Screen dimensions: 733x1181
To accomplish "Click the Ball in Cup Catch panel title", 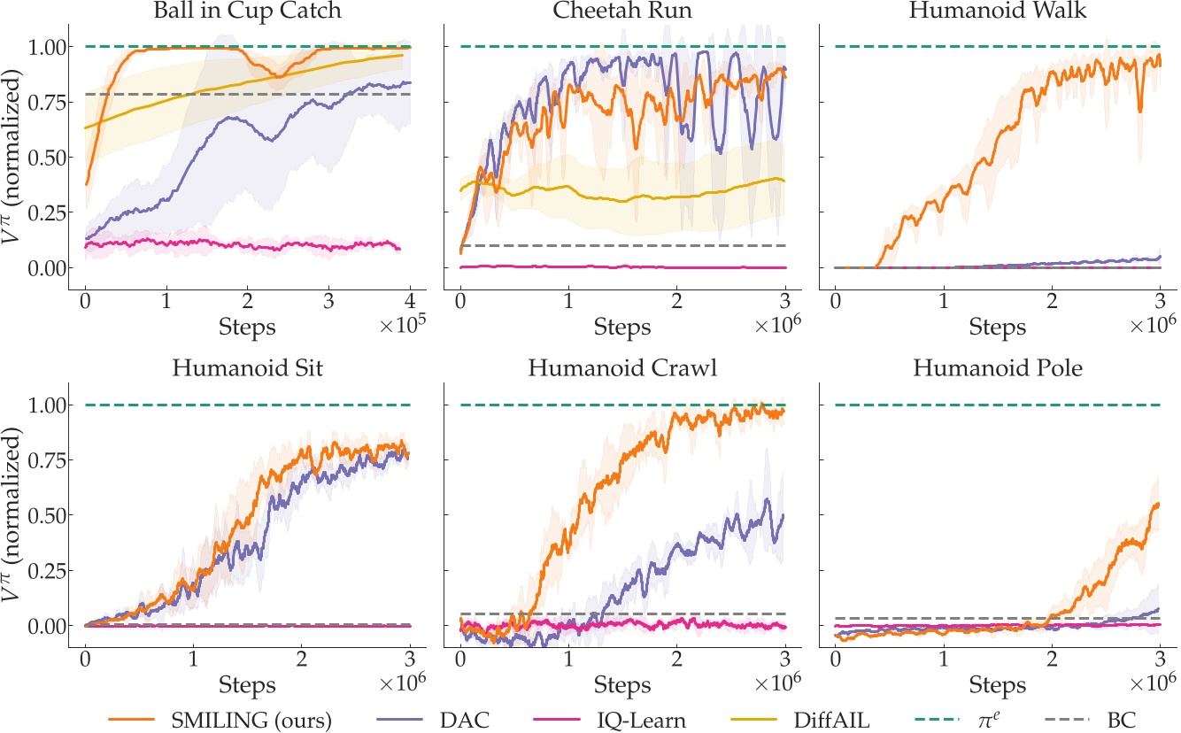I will tap(248, 11).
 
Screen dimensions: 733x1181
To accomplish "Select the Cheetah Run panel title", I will tap(621, 11).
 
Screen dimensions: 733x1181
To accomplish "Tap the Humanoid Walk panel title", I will tap(998, 11).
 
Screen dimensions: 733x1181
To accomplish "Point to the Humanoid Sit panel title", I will tap(248, 369).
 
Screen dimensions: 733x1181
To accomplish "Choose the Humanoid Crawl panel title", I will tap(621, 369).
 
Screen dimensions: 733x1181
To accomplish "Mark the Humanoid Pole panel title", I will tap(998, 369).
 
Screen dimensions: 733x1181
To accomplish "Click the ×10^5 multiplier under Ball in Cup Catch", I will tap(404, 326).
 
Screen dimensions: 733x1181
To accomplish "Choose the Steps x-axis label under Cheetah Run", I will tap(622, 326).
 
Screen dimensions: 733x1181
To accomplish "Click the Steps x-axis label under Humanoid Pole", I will tap(998, 684).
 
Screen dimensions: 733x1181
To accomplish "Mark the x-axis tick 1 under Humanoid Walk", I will tap(944, 297).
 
